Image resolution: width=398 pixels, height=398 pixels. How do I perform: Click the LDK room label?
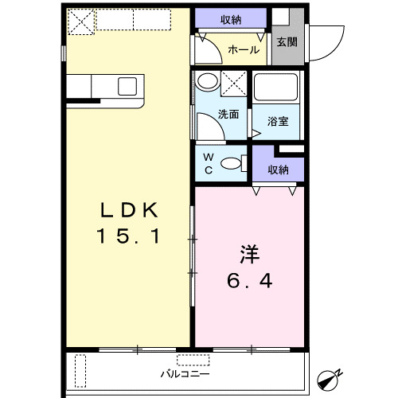pyautogui.click(x=129, y=211)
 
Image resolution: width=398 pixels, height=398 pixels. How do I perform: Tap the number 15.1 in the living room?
pyautogui.click(x=129, y=236)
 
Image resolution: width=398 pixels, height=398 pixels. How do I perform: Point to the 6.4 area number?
pyautogui.click(x=250, y=282)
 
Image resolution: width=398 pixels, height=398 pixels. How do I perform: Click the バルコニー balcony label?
pyautogui.click(x=185, y=372)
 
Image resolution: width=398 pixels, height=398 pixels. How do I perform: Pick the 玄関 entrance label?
pyautogui.click(x=287, y=42)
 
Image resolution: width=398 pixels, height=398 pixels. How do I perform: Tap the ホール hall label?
pyautogui.click(x=243, y=50)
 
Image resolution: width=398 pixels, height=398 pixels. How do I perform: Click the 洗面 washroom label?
pyautogui.click(x=228, y=114)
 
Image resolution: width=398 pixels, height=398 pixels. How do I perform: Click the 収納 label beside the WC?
pyautogui.click(x=277, y=170)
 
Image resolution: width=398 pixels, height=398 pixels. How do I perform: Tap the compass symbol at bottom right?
pyautogui.click(x=329, y=378)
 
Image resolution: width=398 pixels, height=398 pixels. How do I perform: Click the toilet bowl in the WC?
pyautogui.click(x=231, y=164)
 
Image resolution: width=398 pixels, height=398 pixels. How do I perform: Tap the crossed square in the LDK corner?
pyautogui.click(x=80, y=21)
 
